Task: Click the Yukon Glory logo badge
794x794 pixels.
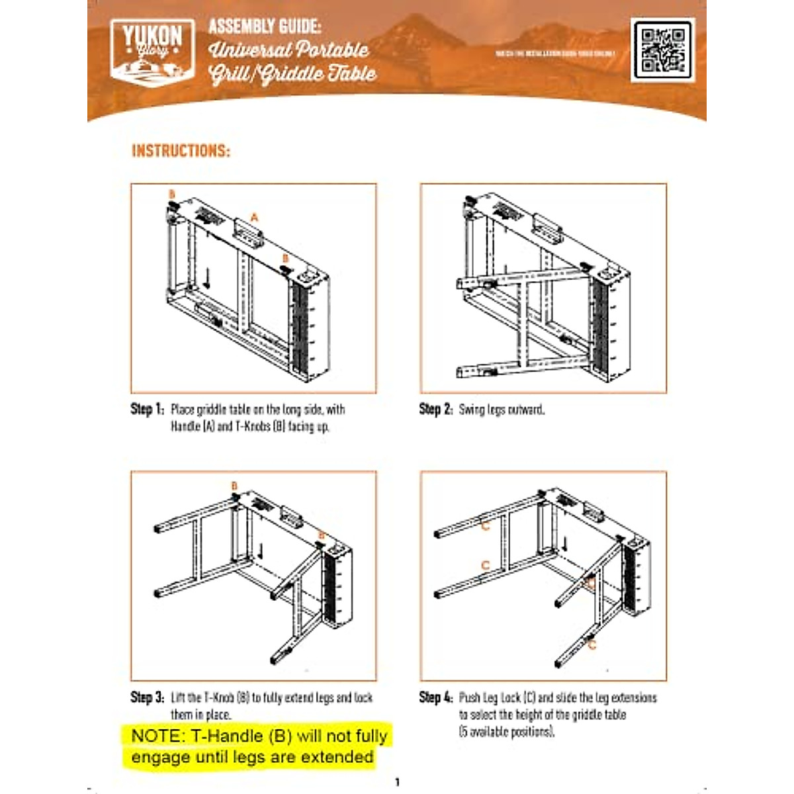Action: pyautogui.click(x=152, y=52)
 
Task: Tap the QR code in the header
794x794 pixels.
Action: pyautogui.click(x=662, y=50)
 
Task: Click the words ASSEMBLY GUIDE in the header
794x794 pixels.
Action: pyautogui.click(x=265, y=26)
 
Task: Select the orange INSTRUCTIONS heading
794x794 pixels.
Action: pyautogui.click(x=181, y=151)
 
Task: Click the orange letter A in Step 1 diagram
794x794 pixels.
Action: pyautogui.click(x=254, y=217)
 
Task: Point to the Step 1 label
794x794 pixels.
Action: pyautogui.click(x=147, y=410)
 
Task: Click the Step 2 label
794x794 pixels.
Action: pyautogui.click(x=436, y=410)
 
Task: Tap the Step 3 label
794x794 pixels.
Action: pyautogui.click(x=147, y=697)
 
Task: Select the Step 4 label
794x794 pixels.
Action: pyautogui.click(x=436, y=697)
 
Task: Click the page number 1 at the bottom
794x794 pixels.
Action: pyautogui.click(x=397, y=782)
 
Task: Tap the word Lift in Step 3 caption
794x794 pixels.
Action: pyautogui.click(x=177, y=697)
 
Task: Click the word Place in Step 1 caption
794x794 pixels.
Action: pyautogui.click(x=183, y=410)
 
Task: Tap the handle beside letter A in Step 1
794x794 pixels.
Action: pyautogui.click(x=249, y=232)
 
